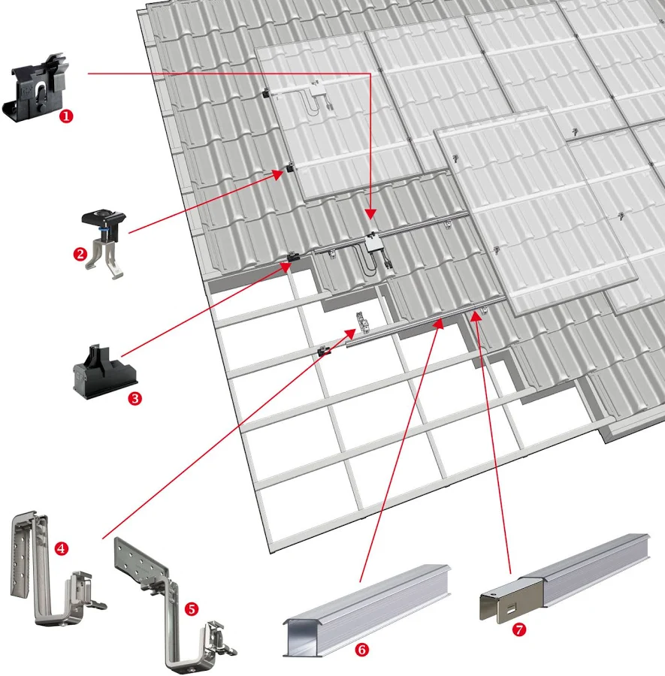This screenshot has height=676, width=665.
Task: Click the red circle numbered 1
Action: coord(66,116)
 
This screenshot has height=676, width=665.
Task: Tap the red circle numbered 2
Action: coord(80,254)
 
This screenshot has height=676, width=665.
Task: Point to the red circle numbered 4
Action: coord(62,548)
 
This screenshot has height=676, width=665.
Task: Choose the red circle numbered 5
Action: coord(192,608)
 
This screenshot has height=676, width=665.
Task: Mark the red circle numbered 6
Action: coord(362,649)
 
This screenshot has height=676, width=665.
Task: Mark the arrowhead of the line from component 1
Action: coord(370,215)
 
